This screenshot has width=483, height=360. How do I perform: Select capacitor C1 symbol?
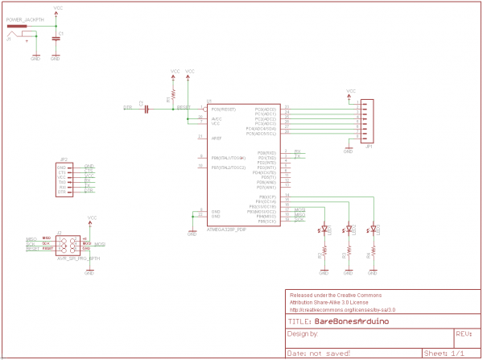(x=56, y=37)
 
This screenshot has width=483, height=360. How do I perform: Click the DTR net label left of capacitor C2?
(x=127, y=106)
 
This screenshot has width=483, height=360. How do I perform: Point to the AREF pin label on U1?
(x=217, y=139)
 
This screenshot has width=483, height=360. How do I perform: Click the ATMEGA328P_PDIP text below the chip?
(x=225, y=230)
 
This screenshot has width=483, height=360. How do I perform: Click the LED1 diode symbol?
(x=324, y=230)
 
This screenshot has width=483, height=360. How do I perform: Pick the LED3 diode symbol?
(x=374, y=230)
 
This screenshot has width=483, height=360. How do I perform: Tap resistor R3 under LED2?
(x=349, y=251)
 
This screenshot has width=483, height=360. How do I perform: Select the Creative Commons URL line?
(x=341, y=308)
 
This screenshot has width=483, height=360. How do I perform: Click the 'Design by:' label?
(x=303, y=333)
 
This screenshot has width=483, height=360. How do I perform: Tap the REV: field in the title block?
(x=463, y=333)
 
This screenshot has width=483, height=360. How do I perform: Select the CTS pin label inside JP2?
(x=62, y=172)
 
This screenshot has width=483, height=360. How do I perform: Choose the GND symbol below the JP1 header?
(x=348, y=150)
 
